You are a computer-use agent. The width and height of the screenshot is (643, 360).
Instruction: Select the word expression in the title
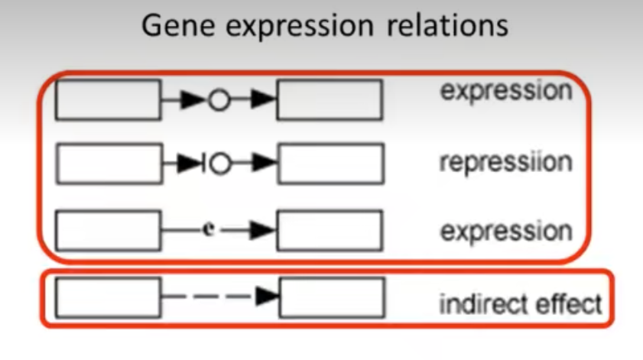(306, 28)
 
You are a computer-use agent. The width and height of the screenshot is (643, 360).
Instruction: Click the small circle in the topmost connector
(219, 100)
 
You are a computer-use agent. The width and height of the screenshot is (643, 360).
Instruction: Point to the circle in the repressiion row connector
(221, 164)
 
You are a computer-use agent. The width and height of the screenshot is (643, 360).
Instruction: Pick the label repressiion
(505, 162)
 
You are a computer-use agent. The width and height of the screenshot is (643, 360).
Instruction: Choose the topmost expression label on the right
(505, 92)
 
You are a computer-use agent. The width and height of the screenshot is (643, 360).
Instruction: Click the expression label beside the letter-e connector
(505, 230)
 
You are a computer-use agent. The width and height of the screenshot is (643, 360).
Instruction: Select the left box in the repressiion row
(109, 164)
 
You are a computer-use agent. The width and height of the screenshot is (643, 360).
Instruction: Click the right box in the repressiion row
(330, 164)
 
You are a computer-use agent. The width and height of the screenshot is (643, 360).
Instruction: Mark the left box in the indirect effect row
(108, 297)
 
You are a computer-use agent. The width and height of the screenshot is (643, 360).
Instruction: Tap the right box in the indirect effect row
(331, 297)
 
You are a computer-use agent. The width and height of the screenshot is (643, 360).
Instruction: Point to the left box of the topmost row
(108, 100)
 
